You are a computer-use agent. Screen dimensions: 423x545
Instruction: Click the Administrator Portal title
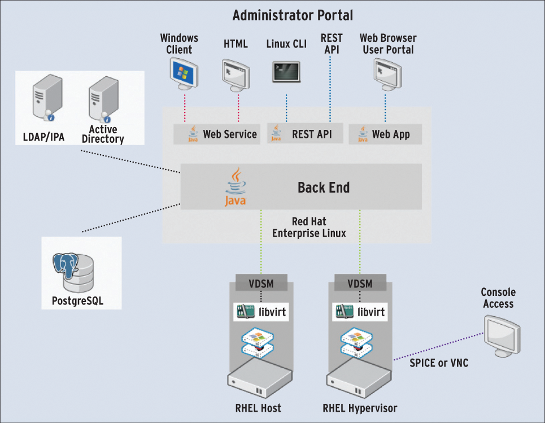[293, 15]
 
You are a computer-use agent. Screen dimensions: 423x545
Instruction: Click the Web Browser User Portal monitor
[387, 74]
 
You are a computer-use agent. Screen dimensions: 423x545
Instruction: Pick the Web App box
[384, 134]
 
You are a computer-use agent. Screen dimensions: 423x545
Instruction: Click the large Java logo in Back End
[236, 187]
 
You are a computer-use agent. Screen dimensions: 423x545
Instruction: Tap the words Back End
[324, 187]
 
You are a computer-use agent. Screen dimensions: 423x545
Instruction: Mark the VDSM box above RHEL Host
[261, 283]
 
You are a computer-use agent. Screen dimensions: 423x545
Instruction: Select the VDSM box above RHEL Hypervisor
[360, 283]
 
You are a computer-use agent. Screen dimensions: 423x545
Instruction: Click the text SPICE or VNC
[439, 363]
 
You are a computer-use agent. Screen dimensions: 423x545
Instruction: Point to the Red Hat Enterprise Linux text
[309, 227]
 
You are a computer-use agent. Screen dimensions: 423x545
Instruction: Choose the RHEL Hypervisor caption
[360, 408]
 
